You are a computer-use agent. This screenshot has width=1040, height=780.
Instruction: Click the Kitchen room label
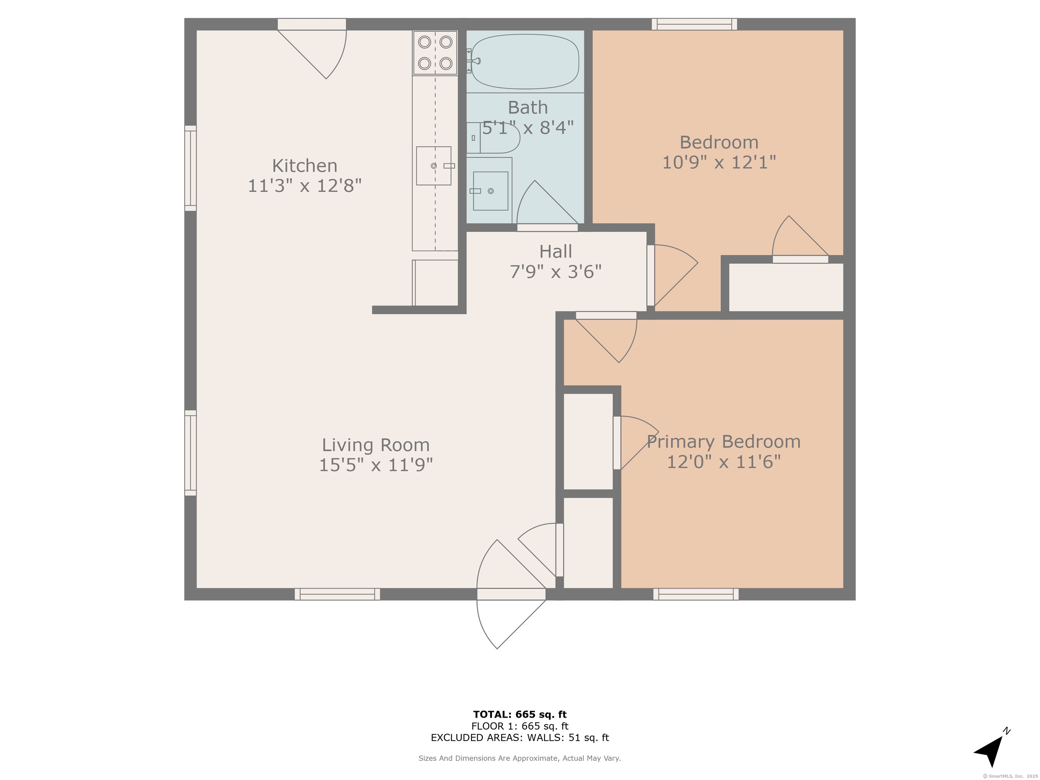point(305,166)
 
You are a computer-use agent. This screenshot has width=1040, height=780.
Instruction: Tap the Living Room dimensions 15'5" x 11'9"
point(376,465)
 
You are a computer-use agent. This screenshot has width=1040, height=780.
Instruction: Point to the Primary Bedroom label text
point(723,442)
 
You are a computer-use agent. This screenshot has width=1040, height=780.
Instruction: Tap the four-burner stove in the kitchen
point(435,53)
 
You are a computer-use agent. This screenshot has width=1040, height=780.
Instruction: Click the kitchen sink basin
point(433,166)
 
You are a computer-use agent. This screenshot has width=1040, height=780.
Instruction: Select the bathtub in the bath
point(525,62)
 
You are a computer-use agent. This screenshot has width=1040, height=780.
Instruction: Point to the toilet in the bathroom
point(493,138)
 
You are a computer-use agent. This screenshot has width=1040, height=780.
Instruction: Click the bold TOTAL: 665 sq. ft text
point(520,715)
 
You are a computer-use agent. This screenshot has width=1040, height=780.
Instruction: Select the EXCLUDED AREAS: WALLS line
point(520,738)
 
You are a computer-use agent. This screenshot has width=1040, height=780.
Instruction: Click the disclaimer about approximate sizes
point(520,758)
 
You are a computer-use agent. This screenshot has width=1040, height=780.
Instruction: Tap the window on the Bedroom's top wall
point(694,24)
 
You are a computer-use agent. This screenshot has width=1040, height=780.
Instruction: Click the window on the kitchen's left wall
point(190,168)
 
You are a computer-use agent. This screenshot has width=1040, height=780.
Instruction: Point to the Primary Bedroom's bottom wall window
point(696,594)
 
